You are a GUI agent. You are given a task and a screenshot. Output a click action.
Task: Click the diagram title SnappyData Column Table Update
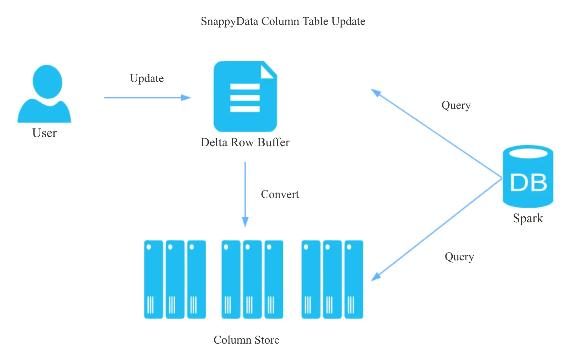pos(283,21)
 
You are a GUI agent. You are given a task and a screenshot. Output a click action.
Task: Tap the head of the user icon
pos(48,81)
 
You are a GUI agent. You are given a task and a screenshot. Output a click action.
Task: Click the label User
pos(45,133)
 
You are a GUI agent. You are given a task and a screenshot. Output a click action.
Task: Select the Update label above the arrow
pos(147,78)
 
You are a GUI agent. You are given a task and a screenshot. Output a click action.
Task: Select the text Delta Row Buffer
pos(245,142)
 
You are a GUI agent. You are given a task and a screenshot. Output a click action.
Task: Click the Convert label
pos(280,194)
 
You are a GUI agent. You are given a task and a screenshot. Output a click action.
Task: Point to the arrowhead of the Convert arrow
pos(245,223)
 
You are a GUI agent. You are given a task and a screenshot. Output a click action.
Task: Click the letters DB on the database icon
pos(528,183)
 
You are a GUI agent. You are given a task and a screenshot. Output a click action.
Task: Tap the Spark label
pos(528,218)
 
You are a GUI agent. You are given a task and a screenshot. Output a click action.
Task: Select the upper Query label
pos(456,105)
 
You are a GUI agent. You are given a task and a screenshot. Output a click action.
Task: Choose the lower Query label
pos(459,257)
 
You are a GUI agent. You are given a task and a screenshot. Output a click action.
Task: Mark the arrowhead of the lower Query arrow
pos(375,277)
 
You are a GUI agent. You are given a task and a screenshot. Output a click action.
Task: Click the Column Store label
pos(246,340)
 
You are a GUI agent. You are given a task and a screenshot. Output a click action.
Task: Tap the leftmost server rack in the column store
pos(153,279)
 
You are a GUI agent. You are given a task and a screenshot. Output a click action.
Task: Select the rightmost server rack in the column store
pos(354,279)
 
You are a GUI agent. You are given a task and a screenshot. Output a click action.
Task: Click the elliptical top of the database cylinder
pos(528,153)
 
